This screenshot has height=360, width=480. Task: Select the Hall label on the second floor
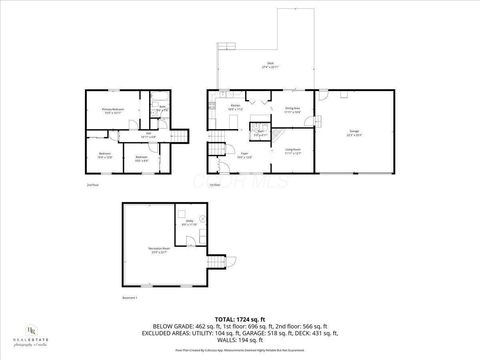pyautogui.click(x=149, y=135)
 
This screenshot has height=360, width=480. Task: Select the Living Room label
pyautogui.click(x=293, y=152)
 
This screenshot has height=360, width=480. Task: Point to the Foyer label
pyautogui.click(x=244, y=154)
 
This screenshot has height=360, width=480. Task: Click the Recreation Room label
pyautogui.click(x=158, y=252)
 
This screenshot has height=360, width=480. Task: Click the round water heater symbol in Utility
pyautogui.click(x=202, y=216)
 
